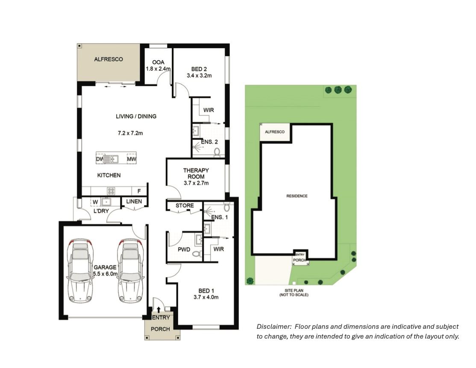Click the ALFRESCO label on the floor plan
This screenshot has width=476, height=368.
pyautogui.click(x=109, y=59)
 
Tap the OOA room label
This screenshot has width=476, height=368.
pyautogui.click(x=158, y=62)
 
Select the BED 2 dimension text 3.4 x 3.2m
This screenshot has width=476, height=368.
pyautogui.click(x=199, y=75)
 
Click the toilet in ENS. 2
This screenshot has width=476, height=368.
pyautogui.click(x=217, y=152)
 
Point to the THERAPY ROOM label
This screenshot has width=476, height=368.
pyautogui.click(x=196, y=174)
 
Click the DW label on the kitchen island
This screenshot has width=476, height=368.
pyautogui.click(x=100, y=159)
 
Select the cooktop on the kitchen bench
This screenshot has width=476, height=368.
pyautogui.click(x=111, y=191)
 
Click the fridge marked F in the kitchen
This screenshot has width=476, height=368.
pyautogui.click(x=139, y=191)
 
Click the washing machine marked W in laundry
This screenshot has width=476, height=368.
pyautogui.click(x=95, y=202)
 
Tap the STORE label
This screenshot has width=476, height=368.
pyautogui.click(x=185, y=206)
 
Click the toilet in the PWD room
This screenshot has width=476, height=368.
pyautogui.click(x=196, y=254)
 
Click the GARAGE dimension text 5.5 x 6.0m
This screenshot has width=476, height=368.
pyautogui.click(x=105, y=274)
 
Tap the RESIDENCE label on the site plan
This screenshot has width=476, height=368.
pyautogui.click(x=297, y=196)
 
